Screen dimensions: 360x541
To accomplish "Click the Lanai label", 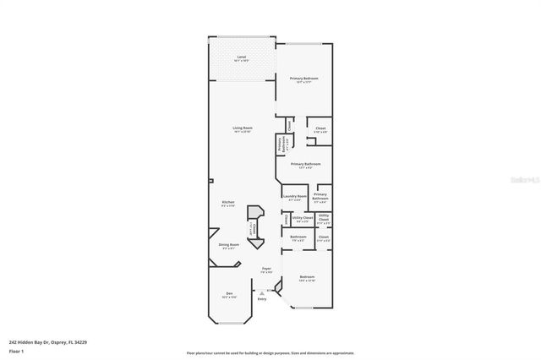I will tap(242, 59).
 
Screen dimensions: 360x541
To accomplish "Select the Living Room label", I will tap(243, 129).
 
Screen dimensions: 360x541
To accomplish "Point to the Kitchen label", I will tap(228, 204).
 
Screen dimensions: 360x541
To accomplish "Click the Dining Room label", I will tap(228, 246).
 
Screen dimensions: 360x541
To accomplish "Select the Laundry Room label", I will tap(294, 198).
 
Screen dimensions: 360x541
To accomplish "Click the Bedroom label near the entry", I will tap(306, 278).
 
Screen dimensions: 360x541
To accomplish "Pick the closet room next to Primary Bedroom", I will tap(320, 130).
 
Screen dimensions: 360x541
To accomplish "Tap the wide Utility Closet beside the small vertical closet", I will tap(298, 220).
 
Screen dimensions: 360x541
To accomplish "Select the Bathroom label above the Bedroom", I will tap(298, 238).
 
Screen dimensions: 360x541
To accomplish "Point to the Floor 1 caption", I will tap(17, 350).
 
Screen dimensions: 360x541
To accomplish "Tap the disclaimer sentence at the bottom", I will tap(270, 353).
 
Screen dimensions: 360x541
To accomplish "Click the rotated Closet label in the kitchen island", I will tap(250, 230).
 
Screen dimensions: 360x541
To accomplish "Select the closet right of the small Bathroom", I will tap(323, 239).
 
